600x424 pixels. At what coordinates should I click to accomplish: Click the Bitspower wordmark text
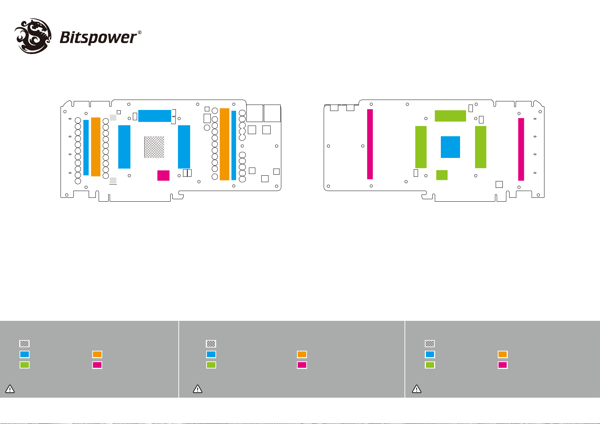[98, 37]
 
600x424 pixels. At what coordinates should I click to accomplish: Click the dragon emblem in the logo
[33, 36]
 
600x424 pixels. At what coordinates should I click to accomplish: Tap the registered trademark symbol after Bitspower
[139, 33]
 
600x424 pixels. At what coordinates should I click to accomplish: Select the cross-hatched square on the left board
[154, 147]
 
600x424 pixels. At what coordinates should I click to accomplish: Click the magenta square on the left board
[163, 175]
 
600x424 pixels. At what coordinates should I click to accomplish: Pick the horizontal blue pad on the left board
[155, 116]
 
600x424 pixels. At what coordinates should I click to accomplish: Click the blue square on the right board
[450, 147]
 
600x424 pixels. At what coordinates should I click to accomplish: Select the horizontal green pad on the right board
[450, 116]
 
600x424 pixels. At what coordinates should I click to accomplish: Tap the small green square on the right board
[442, 175]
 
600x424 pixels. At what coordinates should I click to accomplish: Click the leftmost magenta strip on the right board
[370, 144]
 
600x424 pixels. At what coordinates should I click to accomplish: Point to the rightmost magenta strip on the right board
[521, 149]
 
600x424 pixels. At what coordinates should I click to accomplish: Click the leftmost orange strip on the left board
[96, 147]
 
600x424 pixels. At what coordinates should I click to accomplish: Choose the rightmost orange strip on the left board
[224, 144]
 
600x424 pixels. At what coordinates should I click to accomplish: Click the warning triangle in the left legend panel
[10, 389]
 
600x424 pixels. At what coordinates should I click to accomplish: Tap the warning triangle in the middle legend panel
[198, 389]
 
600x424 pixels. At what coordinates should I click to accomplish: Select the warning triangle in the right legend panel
[417, 389]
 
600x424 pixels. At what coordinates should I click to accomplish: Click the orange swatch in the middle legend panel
[302, 354]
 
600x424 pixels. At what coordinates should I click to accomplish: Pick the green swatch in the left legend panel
[25, 365]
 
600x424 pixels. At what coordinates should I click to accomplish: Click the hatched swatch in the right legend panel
[430, 344]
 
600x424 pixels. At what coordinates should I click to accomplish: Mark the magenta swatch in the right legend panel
[503, 365]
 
